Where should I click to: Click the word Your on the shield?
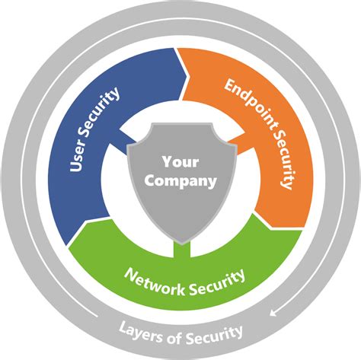tap(180, 161)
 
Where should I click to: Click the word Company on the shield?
tap(180, 181)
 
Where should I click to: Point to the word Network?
tap(155, 282)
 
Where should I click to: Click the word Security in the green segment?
tap(217, 283)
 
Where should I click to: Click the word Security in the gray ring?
tap(214, 334)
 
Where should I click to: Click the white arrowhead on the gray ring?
tap(273, 313)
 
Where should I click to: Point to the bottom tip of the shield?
tap(182, 244)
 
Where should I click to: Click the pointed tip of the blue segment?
tap(187, 75)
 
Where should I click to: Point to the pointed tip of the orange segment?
tap(271, 228)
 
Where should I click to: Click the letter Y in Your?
tap(167, 161)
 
